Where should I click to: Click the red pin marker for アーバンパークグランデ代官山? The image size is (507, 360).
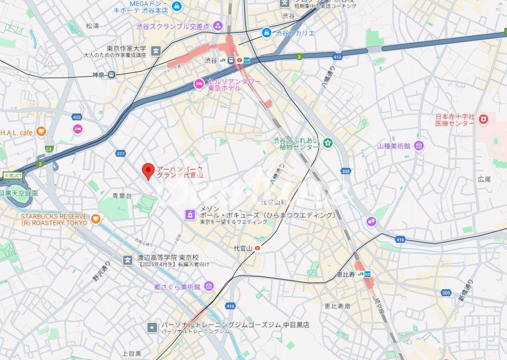148,170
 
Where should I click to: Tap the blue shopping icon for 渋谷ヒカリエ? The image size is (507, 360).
267,33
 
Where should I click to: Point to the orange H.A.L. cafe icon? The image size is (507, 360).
41,131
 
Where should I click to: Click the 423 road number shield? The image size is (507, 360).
78,117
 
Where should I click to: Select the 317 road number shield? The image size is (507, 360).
121,154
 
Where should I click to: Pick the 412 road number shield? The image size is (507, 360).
338,57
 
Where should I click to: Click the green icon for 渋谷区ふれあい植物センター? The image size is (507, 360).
328,143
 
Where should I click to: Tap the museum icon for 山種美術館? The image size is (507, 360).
419,146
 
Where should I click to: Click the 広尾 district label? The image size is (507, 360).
484,179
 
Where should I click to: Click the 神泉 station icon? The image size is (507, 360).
111,75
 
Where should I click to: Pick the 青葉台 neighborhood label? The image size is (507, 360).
122,195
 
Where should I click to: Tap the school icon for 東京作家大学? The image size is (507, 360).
156,51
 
